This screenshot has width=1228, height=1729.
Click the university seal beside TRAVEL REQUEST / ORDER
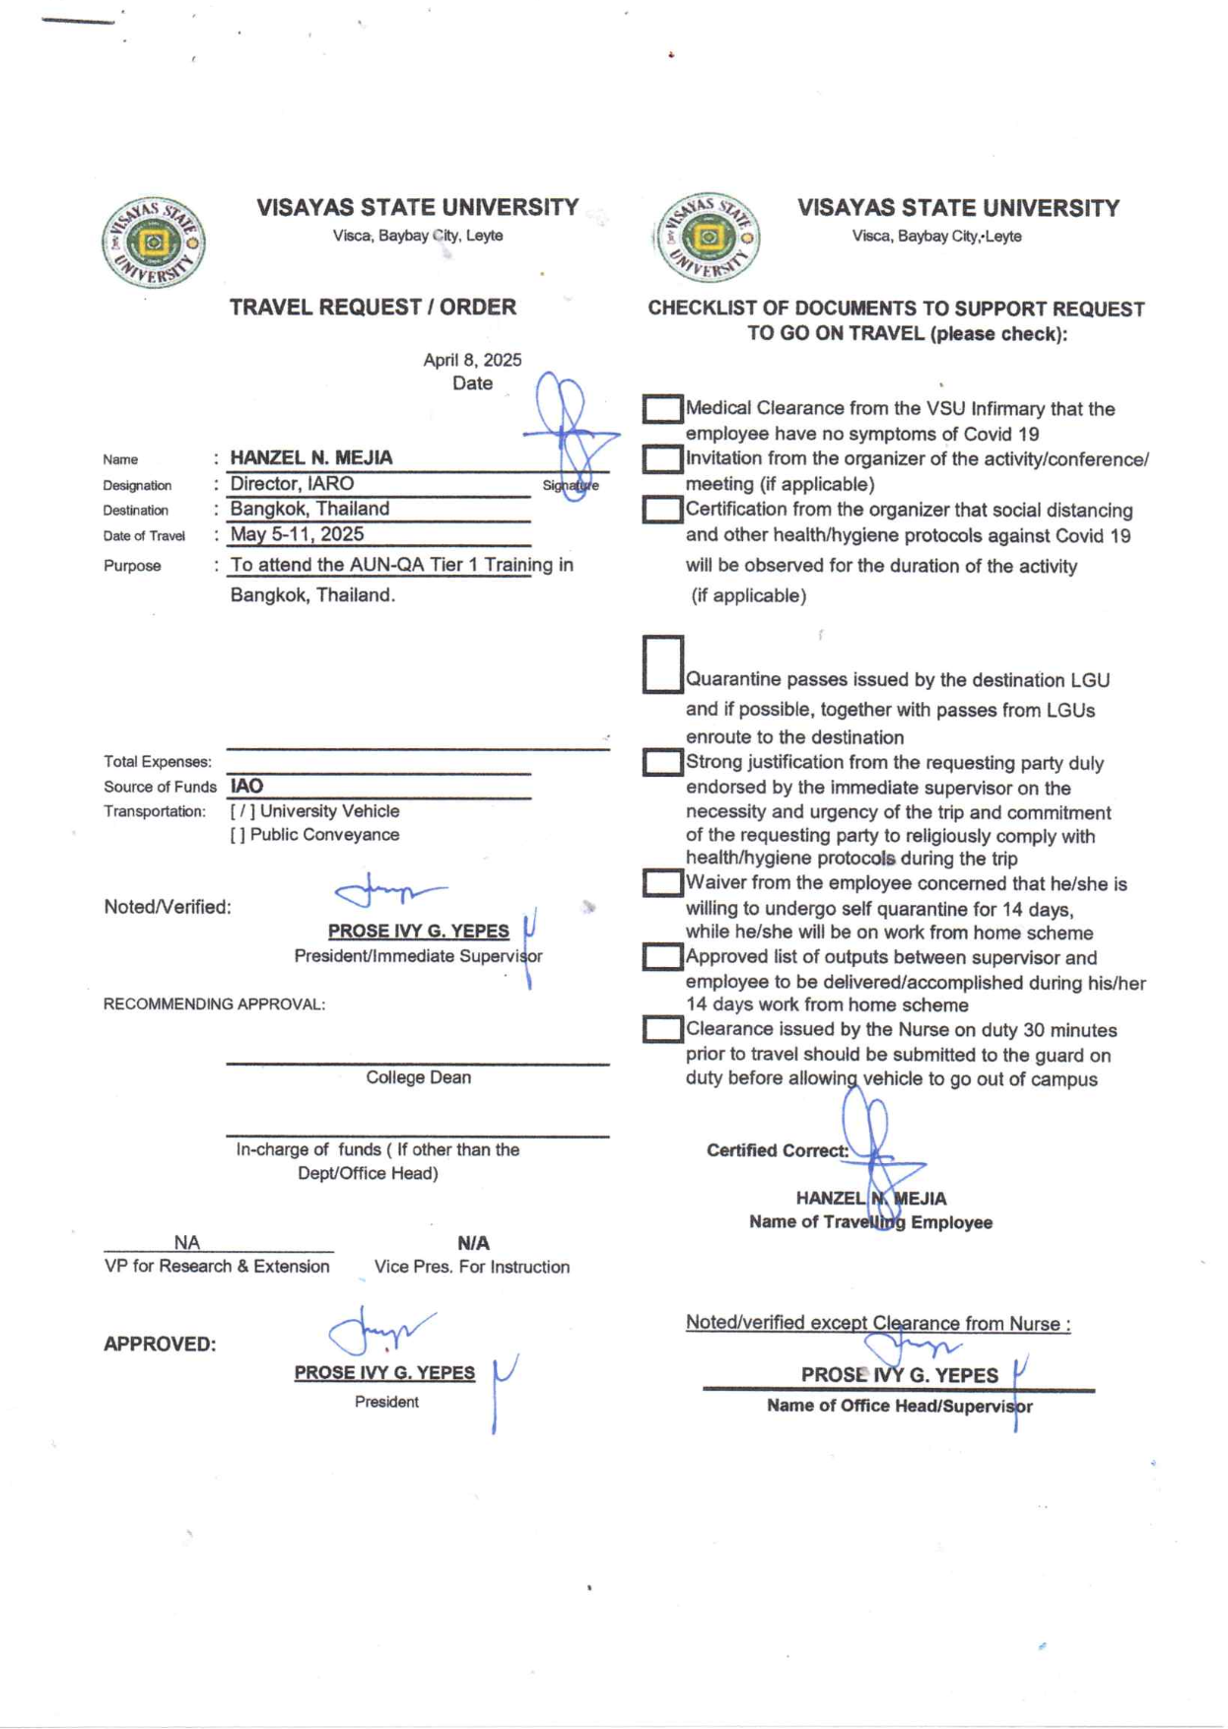coord(153,242)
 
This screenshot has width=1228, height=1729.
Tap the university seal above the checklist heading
coord(707,238)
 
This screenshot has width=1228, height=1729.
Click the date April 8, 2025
coord(472,360)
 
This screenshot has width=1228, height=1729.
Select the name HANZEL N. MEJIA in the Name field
coord(311,457)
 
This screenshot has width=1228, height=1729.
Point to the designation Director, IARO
coord(292,484)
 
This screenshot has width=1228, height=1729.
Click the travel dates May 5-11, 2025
coord(297,534)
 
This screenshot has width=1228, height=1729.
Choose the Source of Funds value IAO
coord(246,786)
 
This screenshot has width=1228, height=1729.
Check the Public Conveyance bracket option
coord(238,835)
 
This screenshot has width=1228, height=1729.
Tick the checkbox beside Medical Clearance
coord(662,409)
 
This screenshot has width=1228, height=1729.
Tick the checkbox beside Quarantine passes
coord(662,664)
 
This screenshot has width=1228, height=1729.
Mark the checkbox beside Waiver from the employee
coord(662,883)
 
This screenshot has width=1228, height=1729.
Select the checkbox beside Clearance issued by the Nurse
coord(662,1029)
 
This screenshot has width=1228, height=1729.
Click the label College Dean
coord(418,1077)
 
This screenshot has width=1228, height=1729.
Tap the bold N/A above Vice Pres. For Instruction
coord(473,1243)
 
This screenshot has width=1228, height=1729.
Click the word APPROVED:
coord(160,1345)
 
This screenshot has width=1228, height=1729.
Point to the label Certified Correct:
coord(777,1150)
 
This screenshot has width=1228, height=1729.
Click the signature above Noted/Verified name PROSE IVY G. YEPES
coord(389,892)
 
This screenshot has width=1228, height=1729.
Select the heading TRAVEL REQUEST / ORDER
coord(373,308)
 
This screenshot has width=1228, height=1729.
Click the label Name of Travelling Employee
coord(870,1222)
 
